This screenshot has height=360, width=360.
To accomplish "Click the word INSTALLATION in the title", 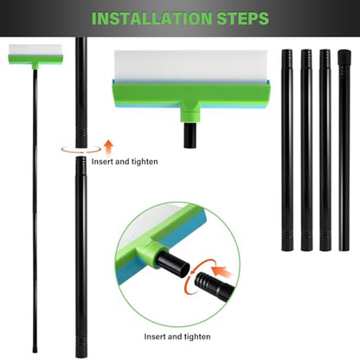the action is tap(152, 18).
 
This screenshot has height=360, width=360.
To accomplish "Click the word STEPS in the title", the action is tap(243, 18).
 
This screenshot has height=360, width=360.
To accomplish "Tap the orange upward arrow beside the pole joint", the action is tap(108, 148).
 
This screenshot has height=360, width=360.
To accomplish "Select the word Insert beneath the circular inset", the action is tap(155, 337).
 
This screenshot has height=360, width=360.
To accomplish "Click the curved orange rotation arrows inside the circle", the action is tap(198, 275).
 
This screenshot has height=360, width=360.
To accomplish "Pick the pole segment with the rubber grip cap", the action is tap(344, 151).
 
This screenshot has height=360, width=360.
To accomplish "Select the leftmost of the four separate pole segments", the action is tap(287, 150).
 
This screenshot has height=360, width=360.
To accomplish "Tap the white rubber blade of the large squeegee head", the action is tap(191, 67).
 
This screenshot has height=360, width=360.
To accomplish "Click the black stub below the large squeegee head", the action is tap(190, 135).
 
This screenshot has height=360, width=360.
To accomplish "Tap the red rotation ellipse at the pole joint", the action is tap(81, 149).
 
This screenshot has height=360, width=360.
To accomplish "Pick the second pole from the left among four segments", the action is tap(306, 150).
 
